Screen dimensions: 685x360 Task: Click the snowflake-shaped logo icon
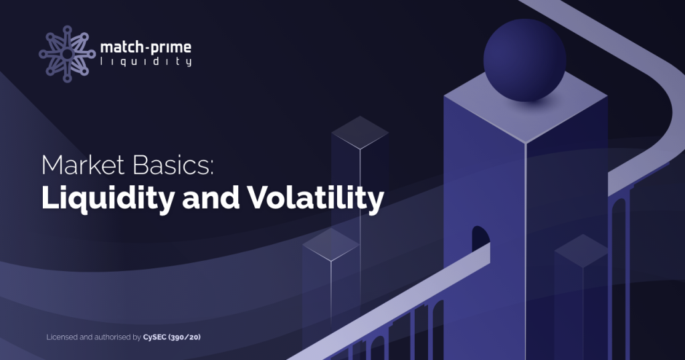pyautogui.click(x=67, y=54)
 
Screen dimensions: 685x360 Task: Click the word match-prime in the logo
pyautogui.click(x=145, y=48)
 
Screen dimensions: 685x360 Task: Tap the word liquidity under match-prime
pyautogui.click(x=146, y=62)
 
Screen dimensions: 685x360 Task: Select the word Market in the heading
pyautogui.click(x=83, y=165)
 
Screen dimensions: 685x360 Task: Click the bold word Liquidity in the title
pyautogui.click(x=108, y=198)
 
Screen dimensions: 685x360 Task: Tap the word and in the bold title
pyautogui.click(x=211, y=199)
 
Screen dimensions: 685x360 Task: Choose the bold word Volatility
pyautogui.click(x=316, y=198)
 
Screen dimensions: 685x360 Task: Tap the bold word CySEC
pyautogui.click(x=155, y=337)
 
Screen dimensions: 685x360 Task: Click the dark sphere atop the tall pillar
pyautogui.click(x=524, y=60)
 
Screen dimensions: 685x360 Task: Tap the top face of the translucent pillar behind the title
pyautogui.click(x=360, y=132)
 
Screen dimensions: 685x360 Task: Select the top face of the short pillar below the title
pyautogui.click(x=330, y=245)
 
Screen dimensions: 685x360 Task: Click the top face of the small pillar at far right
pyautogui.click(x=581, y=251)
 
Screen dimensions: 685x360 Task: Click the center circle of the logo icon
pyautogui.click(x=67, y=54)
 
